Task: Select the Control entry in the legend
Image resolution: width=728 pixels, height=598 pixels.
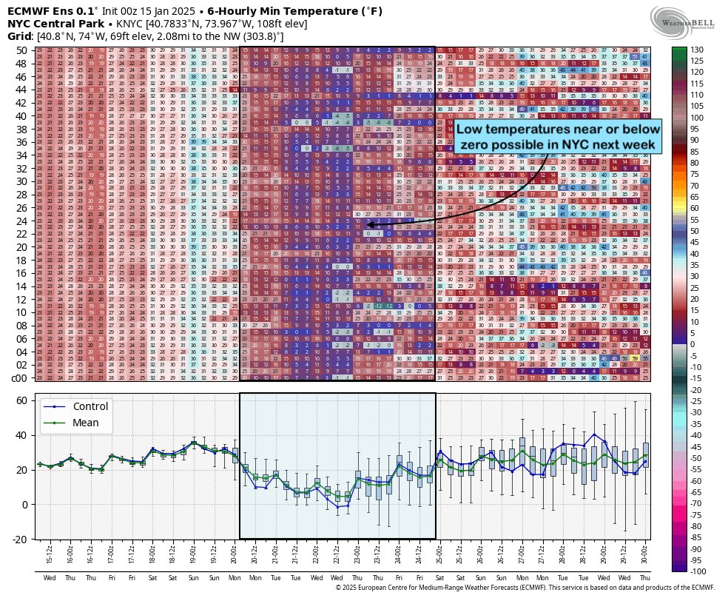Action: pyautogui.click(x=90, y=406)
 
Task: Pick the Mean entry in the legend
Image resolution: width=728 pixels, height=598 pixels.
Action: pyautogui.click(x=86, y=423)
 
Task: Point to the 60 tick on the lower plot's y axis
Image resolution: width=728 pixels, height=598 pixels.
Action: pyautogui.click(x=21, y=400)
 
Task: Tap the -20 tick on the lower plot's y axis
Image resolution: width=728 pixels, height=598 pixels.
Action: pyautogui.click(x=20, y=539)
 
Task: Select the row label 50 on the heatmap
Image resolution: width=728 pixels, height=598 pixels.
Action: pyautogui.click(x=21, y=50)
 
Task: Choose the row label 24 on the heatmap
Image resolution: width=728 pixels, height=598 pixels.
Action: pyautogui.click(x=21, y=221)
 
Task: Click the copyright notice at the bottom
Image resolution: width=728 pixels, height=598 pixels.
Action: pyautogui.click(x=525, y=588)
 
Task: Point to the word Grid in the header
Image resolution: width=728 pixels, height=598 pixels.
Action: pyautogui.click(x=18, y=36)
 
